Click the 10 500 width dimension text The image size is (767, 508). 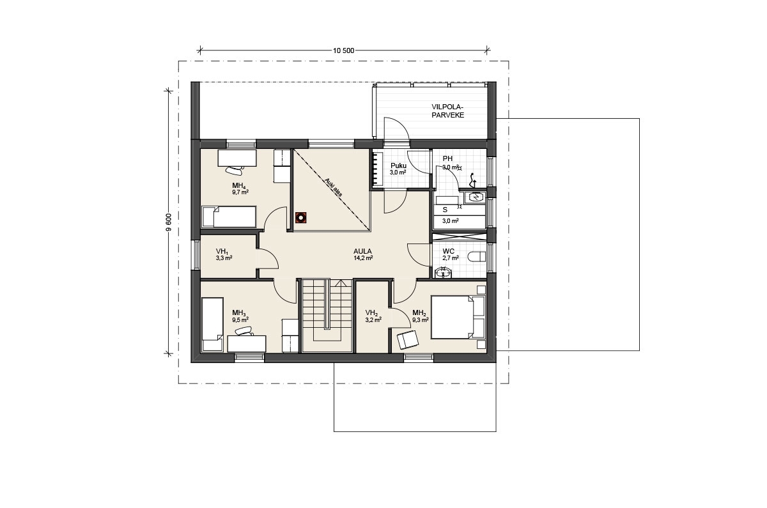343,51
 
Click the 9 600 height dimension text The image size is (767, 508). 169,223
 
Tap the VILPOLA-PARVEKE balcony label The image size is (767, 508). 447,111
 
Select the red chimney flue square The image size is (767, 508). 300,217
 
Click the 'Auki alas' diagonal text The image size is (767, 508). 333,188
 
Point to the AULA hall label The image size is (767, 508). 362,251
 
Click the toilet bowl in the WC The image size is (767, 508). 478,256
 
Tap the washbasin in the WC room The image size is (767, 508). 444,272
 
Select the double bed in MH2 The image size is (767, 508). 458,318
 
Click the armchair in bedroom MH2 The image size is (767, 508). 408,339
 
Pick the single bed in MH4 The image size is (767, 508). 229,217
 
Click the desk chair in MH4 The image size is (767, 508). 234,169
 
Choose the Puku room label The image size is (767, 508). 398,166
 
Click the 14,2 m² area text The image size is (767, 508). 363,258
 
